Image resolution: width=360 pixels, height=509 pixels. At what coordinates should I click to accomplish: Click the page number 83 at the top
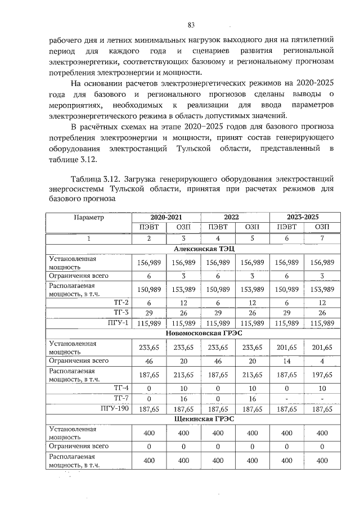191,25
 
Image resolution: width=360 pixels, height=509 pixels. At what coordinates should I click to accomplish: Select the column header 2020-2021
166,217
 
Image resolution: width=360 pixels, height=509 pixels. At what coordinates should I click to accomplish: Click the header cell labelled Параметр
89,217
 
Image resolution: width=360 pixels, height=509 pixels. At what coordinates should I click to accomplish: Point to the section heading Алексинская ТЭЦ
200,249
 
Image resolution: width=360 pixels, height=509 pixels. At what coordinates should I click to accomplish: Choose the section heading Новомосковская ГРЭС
200,333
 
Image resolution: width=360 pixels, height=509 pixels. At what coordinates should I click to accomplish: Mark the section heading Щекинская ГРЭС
200,418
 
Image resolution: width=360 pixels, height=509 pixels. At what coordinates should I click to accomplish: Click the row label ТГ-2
121,301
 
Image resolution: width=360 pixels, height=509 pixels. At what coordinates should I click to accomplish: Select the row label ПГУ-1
118,322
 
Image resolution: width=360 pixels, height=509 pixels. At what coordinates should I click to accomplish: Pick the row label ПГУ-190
115,408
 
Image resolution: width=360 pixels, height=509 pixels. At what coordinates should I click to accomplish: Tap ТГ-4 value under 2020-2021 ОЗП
183,388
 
